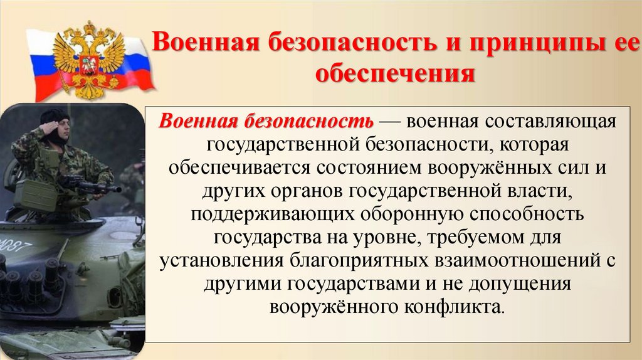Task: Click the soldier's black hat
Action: (x=55, y=115)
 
